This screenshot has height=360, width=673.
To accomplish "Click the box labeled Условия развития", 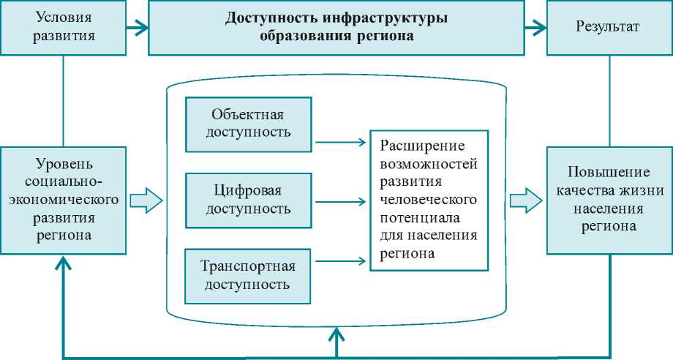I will [x=64, y=28].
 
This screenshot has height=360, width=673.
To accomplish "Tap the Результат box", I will [x=609, y=28].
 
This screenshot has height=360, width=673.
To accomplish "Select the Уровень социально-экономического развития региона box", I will [x=64, y=198].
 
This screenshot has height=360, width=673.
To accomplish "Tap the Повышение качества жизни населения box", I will [x=609, y=199].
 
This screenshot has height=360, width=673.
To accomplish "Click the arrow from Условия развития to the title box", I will [x=137, y=29].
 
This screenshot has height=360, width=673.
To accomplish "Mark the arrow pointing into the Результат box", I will [x=535, y=29].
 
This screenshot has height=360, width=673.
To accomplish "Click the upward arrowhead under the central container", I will [x=336, y=336].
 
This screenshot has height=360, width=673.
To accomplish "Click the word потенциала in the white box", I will [x=412, y=217].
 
